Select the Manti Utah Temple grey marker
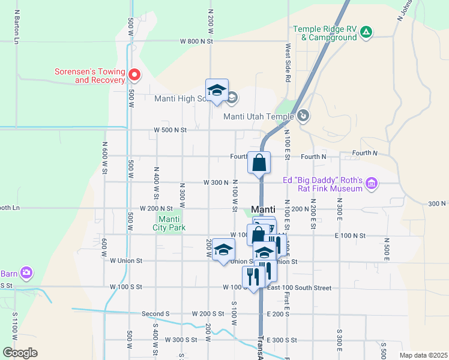304,115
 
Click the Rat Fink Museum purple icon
372,183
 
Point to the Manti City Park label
169,223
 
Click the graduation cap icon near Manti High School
217,91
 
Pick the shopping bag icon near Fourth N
259,163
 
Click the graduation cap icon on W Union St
223,250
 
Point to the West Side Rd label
288,63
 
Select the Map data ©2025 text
423,355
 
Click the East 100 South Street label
299,288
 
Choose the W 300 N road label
216,182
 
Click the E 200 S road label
277,314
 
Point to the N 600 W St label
104,157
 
